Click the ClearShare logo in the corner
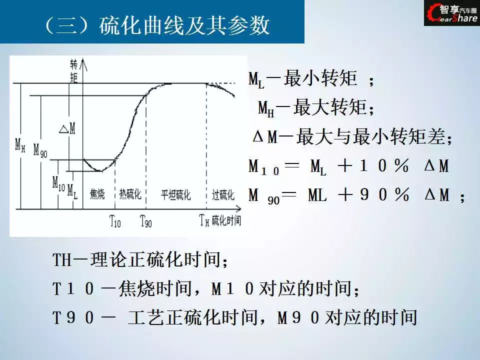click(452, 13)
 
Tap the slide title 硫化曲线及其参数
click(184, 24)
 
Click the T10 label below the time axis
click(115, 221)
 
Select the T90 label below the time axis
click(145, 221)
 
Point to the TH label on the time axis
click(204, 220)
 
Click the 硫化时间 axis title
click(226, 220)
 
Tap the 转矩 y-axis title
click(74, 71)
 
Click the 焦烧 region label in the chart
click(97, 194)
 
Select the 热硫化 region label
click(130, 194)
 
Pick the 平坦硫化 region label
click(175, 194)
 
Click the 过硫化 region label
click(223, 194)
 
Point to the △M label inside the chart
click(67, 128)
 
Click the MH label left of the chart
click(20, 145)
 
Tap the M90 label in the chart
click(40, 150)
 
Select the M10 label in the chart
click(58, 182)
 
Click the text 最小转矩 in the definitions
click(320, 78)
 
